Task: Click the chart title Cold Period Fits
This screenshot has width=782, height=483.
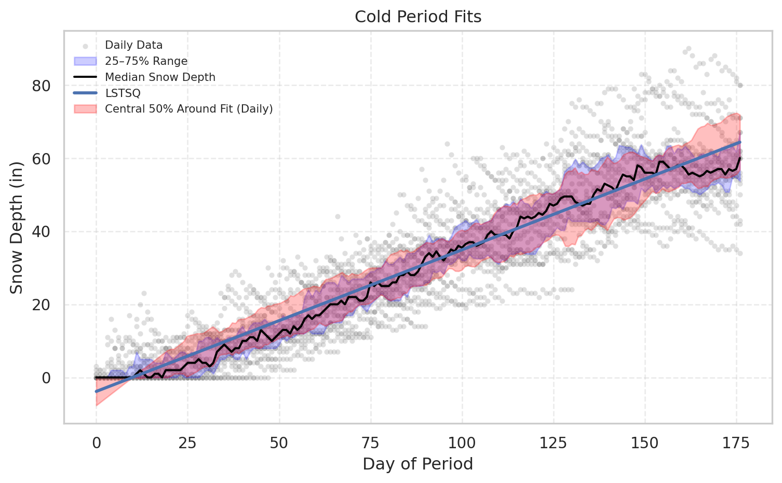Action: point(418,17)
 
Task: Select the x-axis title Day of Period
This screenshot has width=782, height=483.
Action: point(418,464)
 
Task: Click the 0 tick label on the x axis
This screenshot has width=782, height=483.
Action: point(96,443)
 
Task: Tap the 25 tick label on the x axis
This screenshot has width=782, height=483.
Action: point(187,443)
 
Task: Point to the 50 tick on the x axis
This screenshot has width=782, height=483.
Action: point(279,443)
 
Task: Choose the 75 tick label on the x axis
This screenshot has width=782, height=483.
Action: point(371,443)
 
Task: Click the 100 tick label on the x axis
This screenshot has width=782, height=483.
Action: point(462,443)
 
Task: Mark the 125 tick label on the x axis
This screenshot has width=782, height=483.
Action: point(554,443)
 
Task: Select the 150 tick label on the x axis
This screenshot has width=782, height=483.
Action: point(645,443)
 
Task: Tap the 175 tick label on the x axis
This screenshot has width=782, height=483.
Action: point(736,443)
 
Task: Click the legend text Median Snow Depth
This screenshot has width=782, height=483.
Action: point(160,77)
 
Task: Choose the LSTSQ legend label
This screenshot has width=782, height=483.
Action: point(123,93)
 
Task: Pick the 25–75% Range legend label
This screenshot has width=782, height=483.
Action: point(146,61)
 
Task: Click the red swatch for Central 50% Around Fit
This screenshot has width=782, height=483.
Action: point(85,109)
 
